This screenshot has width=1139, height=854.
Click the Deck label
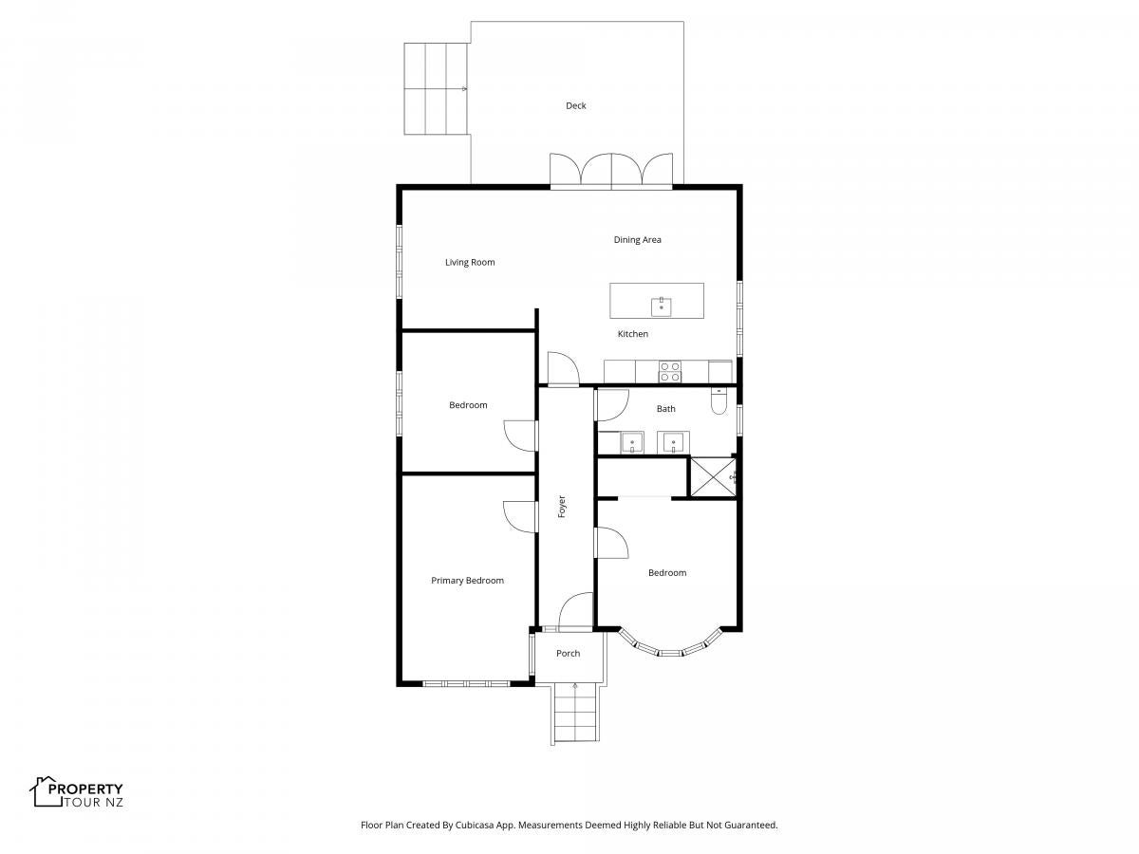click(x=575, y=105)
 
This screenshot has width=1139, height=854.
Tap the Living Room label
click(x=470, y=263)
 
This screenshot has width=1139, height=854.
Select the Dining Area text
click(x=637, y=239)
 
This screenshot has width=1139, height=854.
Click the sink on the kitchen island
click(x=661, y=306)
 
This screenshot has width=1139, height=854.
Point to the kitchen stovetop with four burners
click(x=670, y=372)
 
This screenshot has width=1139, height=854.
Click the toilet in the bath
click(x=719, y=401)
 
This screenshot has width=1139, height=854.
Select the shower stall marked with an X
click(x=713, y=477)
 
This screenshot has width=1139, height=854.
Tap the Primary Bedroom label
click(x=467, y=581)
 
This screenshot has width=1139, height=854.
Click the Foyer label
click(x=562, y=507)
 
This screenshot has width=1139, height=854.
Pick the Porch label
click(x=568, y=654)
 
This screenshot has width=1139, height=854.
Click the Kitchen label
click(x=632, y=334)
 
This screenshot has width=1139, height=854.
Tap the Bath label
click(x=665, y=409)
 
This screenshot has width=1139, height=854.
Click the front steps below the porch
click(x=575, y=713)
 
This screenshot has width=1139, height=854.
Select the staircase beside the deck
click(x=436, y=88)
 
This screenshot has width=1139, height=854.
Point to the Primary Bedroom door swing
click(x=519, y=517)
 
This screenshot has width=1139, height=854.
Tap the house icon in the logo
click(x=46, y=791)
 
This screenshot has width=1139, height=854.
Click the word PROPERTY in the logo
click(x=85, y=789)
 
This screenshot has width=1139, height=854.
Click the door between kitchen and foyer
click(x=563, y=369)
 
